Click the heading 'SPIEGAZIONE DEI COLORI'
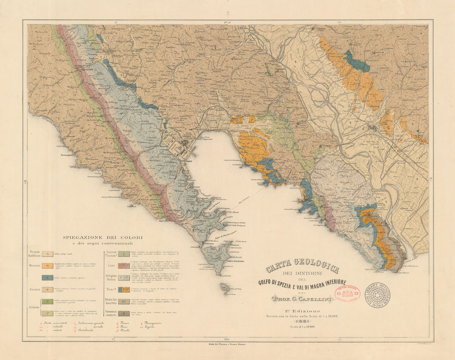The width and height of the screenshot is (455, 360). pyautogui.click(x=103, y=238)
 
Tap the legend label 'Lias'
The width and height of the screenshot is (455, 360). pyautogui.click(x=111, y=265)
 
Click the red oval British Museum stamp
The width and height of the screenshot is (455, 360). pyautogui.click(x=347, y=293)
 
